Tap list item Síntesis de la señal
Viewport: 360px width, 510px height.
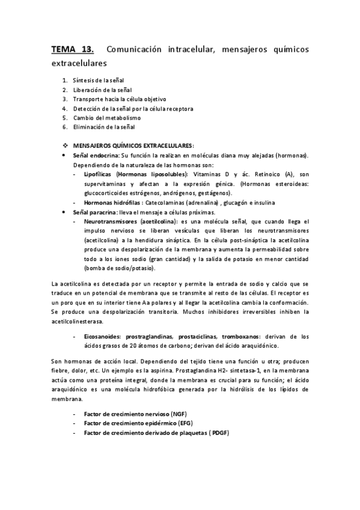tap(98, 80)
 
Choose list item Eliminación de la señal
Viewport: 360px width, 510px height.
tap(104, 127)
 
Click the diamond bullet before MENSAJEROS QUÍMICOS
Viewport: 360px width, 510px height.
tap(66, 146)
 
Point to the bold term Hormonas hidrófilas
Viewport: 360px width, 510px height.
tap(112, 203)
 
